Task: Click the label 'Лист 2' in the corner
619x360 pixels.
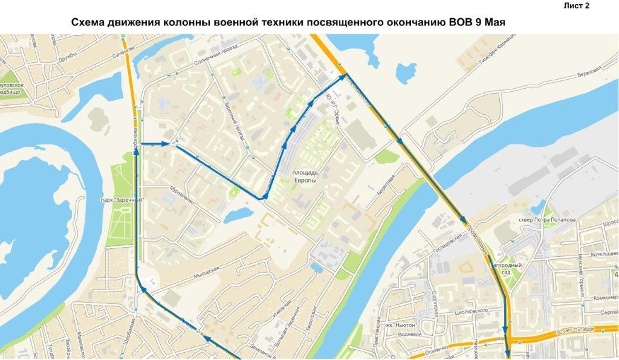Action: [576, 5]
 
